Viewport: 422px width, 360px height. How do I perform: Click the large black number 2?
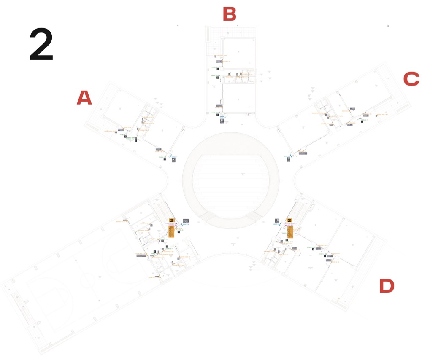(x=41, y=45)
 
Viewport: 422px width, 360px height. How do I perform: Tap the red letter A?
(x=84, y=98)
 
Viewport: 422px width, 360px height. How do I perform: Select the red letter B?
(x=229, y=14)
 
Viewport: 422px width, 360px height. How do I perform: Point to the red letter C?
(x=411, y=79)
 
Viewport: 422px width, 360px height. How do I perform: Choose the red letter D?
(x=387, y=286)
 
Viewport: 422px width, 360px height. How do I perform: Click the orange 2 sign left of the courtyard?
(x=172, y=220)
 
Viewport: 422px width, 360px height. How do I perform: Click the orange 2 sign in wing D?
(x=289, y=220)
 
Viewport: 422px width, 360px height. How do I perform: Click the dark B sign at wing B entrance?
(x=222, y=120)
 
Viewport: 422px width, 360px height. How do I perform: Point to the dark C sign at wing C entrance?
(x=288, y=160)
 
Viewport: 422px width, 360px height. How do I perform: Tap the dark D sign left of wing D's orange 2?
(x=277, y=220)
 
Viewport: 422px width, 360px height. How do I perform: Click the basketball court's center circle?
(x=87, y=279)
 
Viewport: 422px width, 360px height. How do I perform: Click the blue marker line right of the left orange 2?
(x=182, y=224)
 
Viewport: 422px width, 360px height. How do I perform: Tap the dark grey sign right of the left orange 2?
(x=186, y=220)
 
